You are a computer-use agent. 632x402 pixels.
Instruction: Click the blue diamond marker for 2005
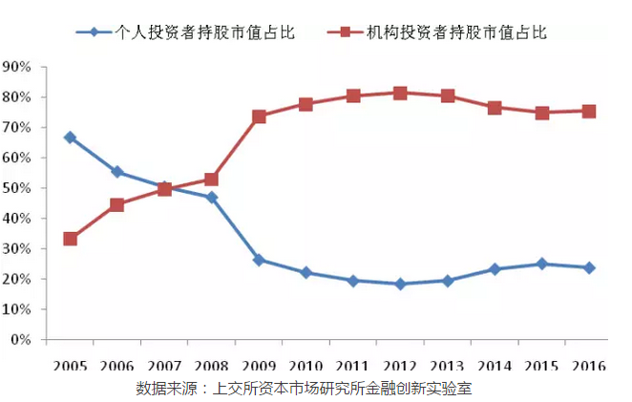click(x=71, y=138)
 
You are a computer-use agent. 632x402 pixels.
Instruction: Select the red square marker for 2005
click(x=71, y=239)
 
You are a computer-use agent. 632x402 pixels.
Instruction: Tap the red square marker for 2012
click(x=400, y=93)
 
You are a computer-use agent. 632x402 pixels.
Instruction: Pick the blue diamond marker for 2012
click(x=400, y=284)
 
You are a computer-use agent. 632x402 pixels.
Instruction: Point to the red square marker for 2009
click(x=259, y=116)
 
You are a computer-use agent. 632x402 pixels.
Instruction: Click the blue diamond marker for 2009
click(x=259, y=260)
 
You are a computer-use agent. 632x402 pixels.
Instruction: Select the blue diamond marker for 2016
click(x=589, y=267)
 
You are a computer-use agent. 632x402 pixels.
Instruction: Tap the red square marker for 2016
click(x=589, y=111)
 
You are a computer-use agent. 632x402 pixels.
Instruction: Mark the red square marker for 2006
click(x=117, y=204)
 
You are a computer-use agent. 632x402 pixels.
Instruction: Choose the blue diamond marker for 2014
click(x=495, y=269)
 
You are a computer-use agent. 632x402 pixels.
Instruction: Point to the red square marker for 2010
click(x=305, y=104)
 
